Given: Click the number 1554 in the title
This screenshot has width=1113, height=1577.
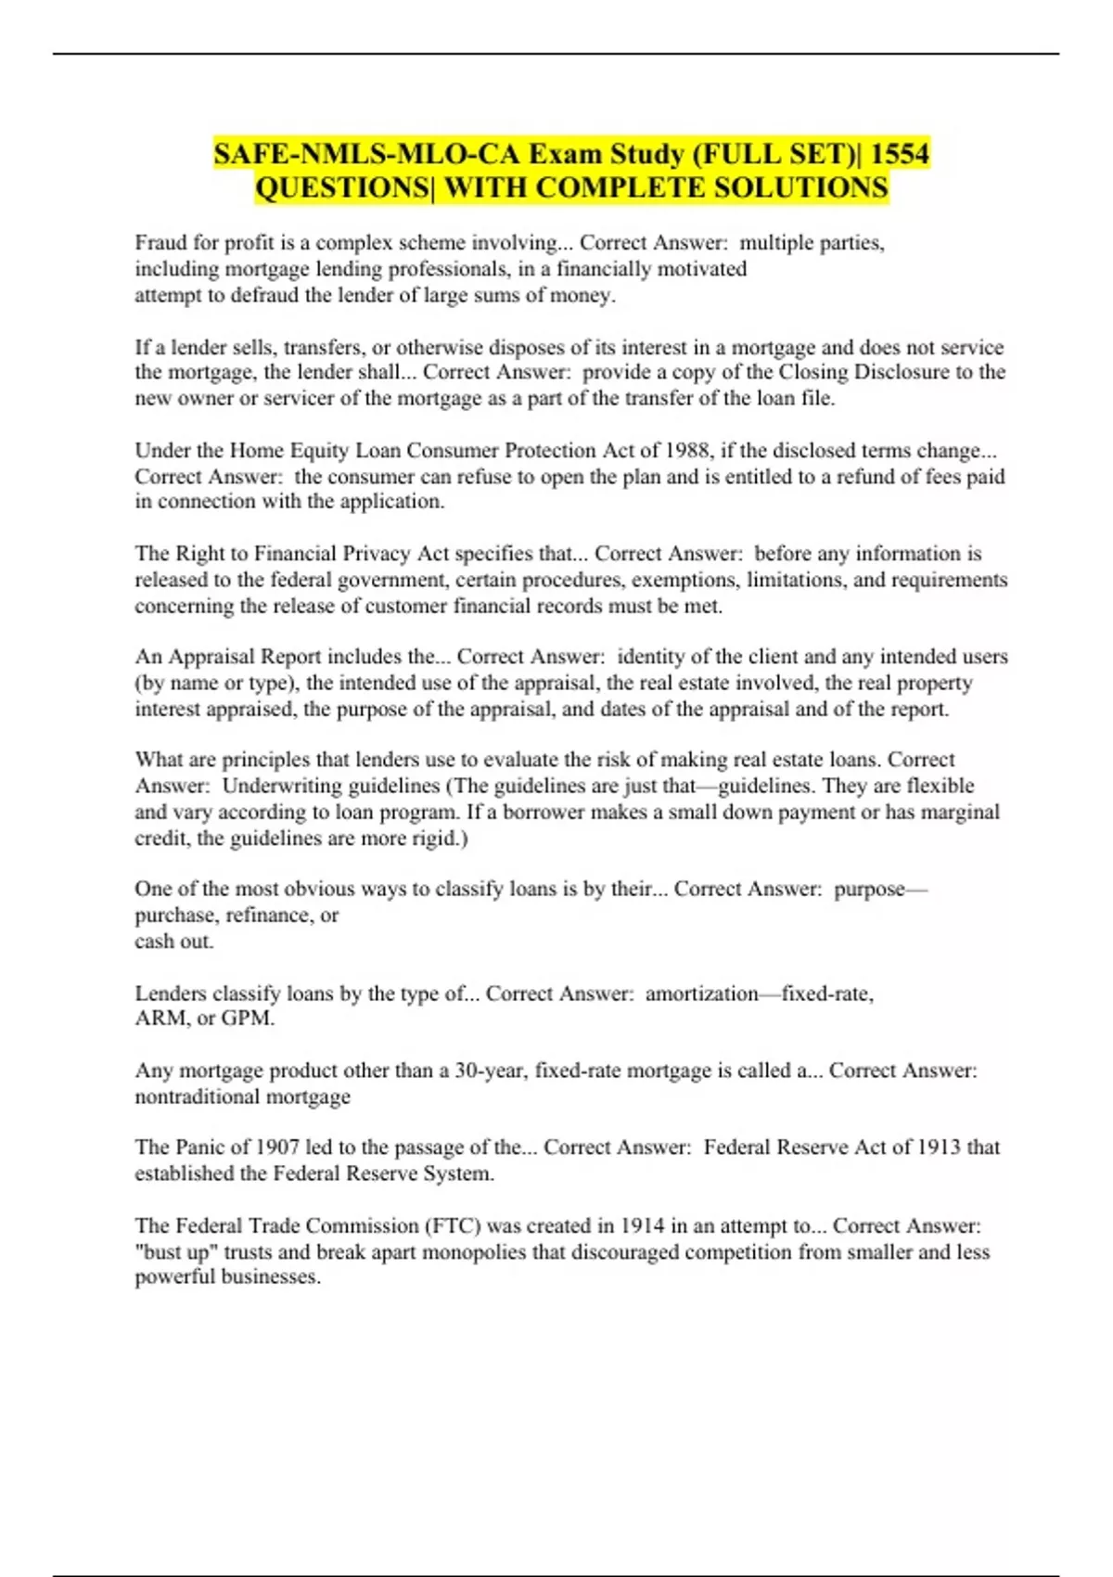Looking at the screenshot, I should [x=899, y=153].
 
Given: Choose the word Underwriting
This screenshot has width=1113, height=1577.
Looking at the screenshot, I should [x=285, y=786].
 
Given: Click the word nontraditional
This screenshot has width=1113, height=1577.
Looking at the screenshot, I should [x=197, y=1096].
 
